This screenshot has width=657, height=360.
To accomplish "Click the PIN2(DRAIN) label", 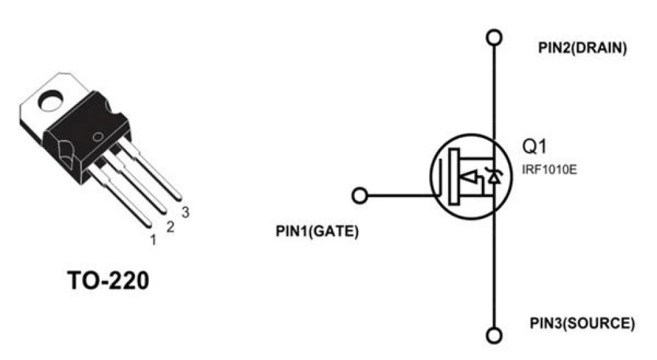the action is pos(583,48).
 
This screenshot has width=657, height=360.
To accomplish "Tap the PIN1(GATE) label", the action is pos(317,232).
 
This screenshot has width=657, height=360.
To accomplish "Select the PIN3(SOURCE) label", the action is pos(583,323).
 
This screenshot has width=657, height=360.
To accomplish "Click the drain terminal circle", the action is pos(495,37).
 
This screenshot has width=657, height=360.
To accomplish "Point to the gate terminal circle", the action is pos(359,196).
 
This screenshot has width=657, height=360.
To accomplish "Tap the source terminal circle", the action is pos(495,336).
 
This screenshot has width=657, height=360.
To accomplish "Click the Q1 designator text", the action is pos(534,147).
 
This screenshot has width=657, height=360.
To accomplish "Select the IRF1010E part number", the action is pos(549,169).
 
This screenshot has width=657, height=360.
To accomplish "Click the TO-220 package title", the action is pos(108,280).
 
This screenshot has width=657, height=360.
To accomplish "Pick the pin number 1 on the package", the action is pos(153,240).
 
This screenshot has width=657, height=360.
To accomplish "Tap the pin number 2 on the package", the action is pos(169,227).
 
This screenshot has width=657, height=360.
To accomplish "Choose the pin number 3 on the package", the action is pos(185,212).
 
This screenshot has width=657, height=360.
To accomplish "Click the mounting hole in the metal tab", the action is pos(50,101).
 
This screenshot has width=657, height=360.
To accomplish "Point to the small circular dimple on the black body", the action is pos(98,137).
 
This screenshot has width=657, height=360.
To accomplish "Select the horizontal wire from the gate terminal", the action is pos(400,196).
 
